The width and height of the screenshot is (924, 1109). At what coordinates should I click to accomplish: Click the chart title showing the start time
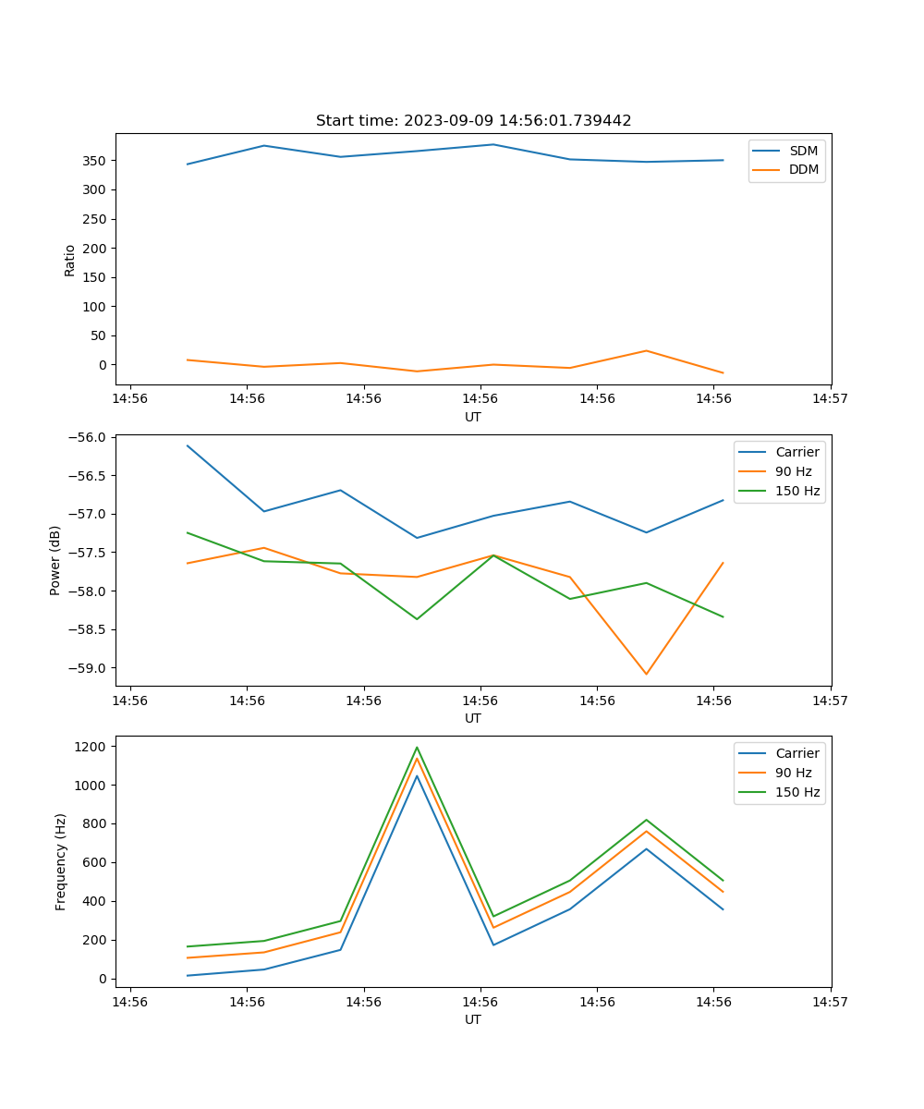click(x=473, y=121)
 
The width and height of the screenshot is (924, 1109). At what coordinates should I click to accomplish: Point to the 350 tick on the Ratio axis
click(x=96, y=161)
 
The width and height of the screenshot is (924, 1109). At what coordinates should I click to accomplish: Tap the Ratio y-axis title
click(x=69, y=260)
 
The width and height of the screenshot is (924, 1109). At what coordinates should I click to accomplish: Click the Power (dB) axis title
click(x=55, y=560)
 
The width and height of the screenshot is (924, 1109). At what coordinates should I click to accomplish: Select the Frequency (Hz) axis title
click(x=61, y=861)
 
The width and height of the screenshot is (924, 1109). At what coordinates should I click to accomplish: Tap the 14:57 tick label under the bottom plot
click(x=830, y=1002)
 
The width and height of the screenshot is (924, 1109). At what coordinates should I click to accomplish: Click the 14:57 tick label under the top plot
click(x=830, y=399)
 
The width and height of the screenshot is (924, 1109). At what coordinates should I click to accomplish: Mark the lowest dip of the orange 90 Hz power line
click(x=646, y=674)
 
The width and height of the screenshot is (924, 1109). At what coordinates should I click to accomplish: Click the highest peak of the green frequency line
click(x=417, y=747)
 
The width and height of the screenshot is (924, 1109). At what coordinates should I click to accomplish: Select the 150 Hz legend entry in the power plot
click(x=797, y=491)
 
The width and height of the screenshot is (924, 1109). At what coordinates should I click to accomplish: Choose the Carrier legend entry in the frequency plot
click(x=796, y=753)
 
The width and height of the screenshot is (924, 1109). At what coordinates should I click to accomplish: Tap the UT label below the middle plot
click(x=473, y=718)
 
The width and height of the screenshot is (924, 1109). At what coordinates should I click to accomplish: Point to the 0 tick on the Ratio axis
click(x=102, y=365)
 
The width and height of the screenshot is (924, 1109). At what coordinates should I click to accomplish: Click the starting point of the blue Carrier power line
click(x=188, y=445)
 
